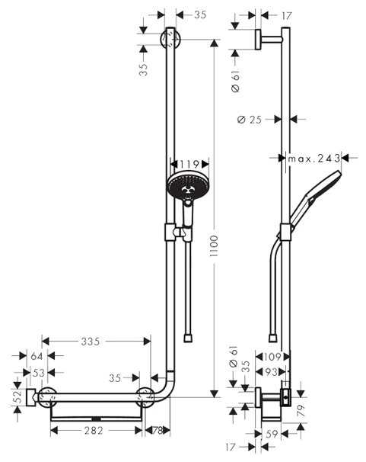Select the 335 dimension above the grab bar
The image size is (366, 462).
tap(91, 341)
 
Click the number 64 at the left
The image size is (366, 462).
tap(36, 355)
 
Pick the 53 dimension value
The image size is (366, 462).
tap(36, 372)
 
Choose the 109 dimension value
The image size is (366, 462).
tap(272, 356)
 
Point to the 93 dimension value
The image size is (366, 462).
tap(272, 372)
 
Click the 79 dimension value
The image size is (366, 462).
tap(300, 412)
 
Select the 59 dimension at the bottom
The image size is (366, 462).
tap(272, 433)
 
